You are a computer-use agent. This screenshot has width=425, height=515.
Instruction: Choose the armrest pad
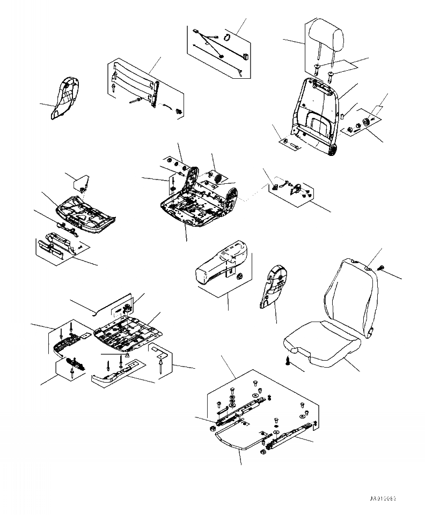click(x=222, y=263)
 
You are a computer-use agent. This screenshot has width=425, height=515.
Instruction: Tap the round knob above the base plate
click(x=128, y=308)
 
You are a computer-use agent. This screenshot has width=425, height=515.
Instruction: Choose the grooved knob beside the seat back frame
click(x=367, y=123)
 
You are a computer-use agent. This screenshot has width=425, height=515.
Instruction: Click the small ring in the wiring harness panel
click(x=226, y=37)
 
